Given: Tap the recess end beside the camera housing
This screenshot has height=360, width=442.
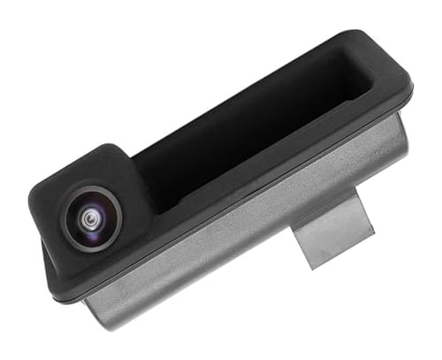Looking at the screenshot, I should point(146,177).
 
